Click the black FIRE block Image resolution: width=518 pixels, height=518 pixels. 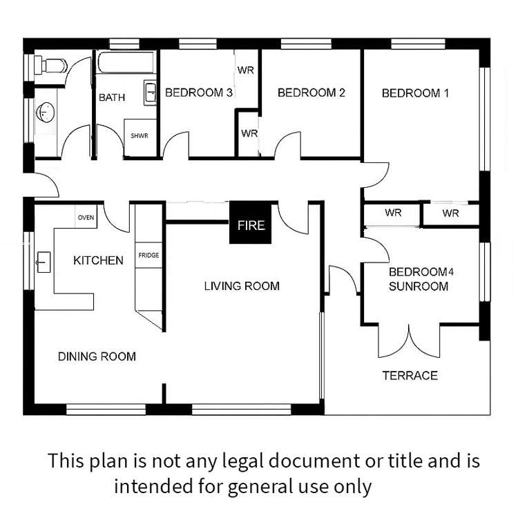[251, 222]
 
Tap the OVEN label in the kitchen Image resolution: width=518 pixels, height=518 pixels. [86, 218]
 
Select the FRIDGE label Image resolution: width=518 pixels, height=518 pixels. [148, 255]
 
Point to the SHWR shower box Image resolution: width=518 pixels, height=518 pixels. [140, 137]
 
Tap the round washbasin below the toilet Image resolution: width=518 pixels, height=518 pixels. [46, 113]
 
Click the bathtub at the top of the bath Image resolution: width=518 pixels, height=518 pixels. [126, 61]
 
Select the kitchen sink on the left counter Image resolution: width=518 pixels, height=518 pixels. [44, 262]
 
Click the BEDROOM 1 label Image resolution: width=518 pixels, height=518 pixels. [415, 93]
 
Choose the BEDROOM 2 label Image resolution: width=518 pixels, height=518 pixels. [311, 93]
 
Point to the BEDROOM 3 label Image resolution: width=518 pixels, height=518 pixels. [199, 93]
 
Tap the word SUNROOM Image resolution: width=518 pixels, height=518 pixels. [419, 287]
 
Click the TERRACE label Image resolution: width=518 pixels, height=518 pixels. [410, 376]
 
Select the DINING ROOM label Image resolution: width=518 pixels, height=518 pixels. [97, 356]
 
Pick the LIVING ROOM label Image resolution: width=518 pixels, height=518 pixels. [242, 286]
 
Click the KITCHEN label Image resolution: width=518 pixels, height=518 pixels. [98, 260]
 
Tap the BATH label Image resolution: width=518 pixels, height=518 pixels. [112, 97]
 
